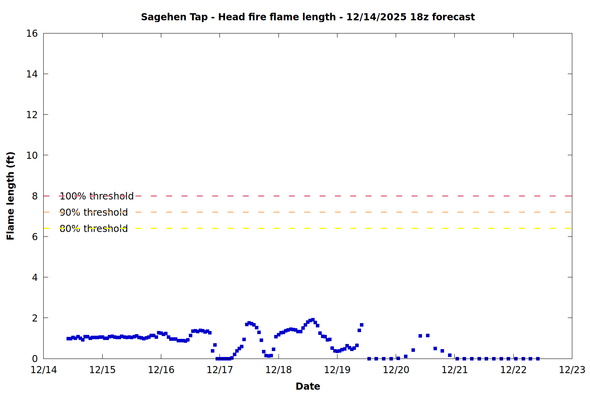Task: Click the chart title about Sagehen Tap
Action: pos(308,17)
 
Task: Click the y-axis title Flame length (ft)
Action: pos(10,196)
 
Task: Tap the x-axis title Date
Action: pos(308,386)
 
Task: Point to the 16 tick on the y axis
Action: pos(32,33)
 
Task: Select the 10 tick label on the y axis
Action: pos(32,155)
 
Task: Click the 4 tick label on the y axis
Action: pos(35,277)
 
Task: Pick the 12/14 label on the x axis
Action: pos(44,370)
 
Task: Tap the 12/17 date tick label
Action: pos(220,370)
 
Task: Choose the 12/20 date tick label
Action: pos(396,370)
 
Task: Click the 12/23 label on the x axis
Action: pos(572,370)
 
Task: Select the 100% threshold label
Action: pos(96,196)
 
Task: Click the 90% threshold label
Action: pos(94,212)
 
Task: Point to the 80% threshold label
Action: pos(94,229)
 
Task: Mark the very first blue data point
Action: pos(68,338)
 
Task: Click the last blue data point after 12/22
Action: pos(538,359)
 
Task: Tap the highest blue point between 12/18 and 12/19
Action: pos(313,320)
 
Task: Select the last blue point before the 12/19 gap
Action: pos(361,325)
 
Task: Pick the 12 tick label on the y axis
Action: pos(32,115)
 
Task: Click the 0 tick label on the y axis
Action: pos(35,359)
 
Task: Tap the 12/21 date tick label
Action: pos(454,370)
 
